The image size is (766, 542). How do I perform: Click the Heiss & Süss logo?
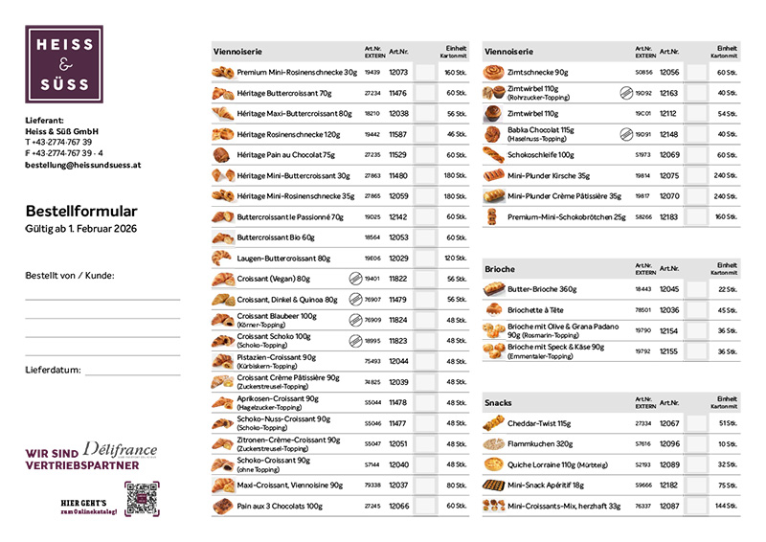point(64,64)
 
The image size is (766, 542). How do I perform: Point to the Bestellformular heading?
point(81,211)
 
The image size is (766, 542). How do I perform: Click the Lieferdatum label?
point(52,369)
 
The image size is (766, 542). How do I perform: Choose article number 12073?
point(398,72)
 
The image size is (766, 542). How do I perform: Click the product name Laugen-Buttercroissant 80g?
point(283,259)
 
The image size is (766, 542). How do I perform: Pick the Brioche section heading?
point(500,269)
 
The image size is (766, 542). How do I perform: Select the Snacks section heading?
point(499,403)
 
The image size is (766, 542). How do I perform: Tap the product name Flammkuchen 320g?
point(540,444)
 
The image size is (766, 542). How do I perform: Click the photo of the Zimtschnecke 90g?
point(494,72)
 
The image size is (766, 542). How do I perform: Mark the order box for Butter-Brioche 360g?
point(695,289)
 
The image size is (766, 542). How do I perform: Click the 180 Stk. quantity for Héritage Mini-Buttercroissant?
point(454,175)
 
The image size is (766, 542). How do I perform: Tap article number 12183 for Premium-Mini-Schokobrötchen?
point(669,216)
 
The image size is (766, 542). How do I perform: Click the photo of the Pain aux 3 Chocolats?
point(222,506)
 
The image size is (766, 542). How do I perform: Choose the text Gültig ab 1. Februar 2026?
point(82,231)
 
